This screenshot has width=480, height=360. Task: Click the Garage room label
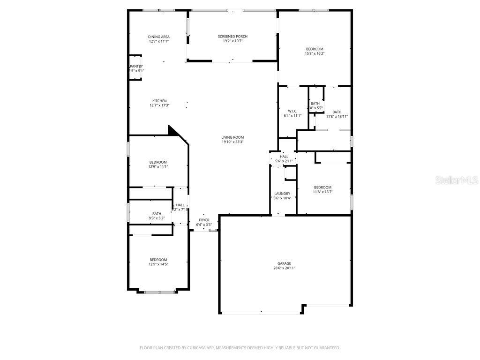pyautogui.click(x=284, y=263)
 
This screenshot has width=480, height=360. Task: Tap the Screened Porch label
pyautogui.click(x=232, y=37)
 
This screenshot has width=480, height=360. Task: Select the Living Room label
pyautogui.click(x=232, y=137)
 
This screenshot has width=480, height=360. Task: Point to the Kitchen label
pyautogui.click(x=159, y=101)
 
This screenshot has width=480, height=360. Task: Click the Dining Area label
pyautogui.click(x=158, y=37)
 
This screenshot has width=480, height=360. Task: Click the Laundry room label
pyautogui.click(x=282, y=194)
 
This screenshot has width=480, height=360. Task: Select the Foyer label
pyautogui.click(x=204, y=220)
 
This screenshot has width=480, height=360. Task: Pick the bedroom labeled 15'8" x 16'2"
pyautogui.click(x=315, y=51)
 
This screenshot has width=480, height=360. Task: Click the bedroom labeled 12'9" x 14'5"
pyautogui.click(x=158, y=262)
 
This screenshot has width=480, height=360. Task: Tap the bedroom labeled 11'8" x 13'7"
pyautogui.click(x=322, y=189)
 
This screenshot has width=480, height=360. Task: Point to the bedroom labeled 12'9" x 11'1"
pyautogui.click(x=158, y=164)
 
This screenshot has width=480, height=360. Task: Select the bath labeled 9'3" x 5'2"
pyautogui.click(x=157, y=216)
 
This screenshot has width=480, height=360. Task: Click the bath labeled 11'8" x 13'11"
pyautogui.click(x=337, y=114)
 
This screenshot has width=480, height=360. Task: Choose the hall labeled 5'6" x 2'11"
pyautogui.click(x=284, y=158)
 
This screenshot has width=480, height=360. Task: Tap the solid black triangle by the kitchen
pyautogui.click(x=174, y=131)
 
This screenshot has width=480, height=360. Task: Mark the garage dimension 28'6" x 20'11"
pyautogui.click(x=284, y=268)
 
